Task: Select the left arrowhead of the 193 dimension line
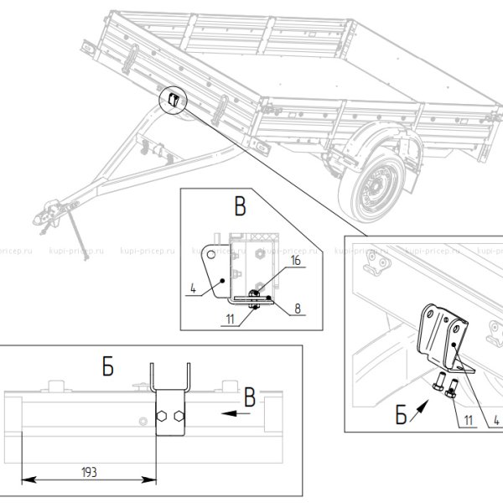click(x=25, y=480)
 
